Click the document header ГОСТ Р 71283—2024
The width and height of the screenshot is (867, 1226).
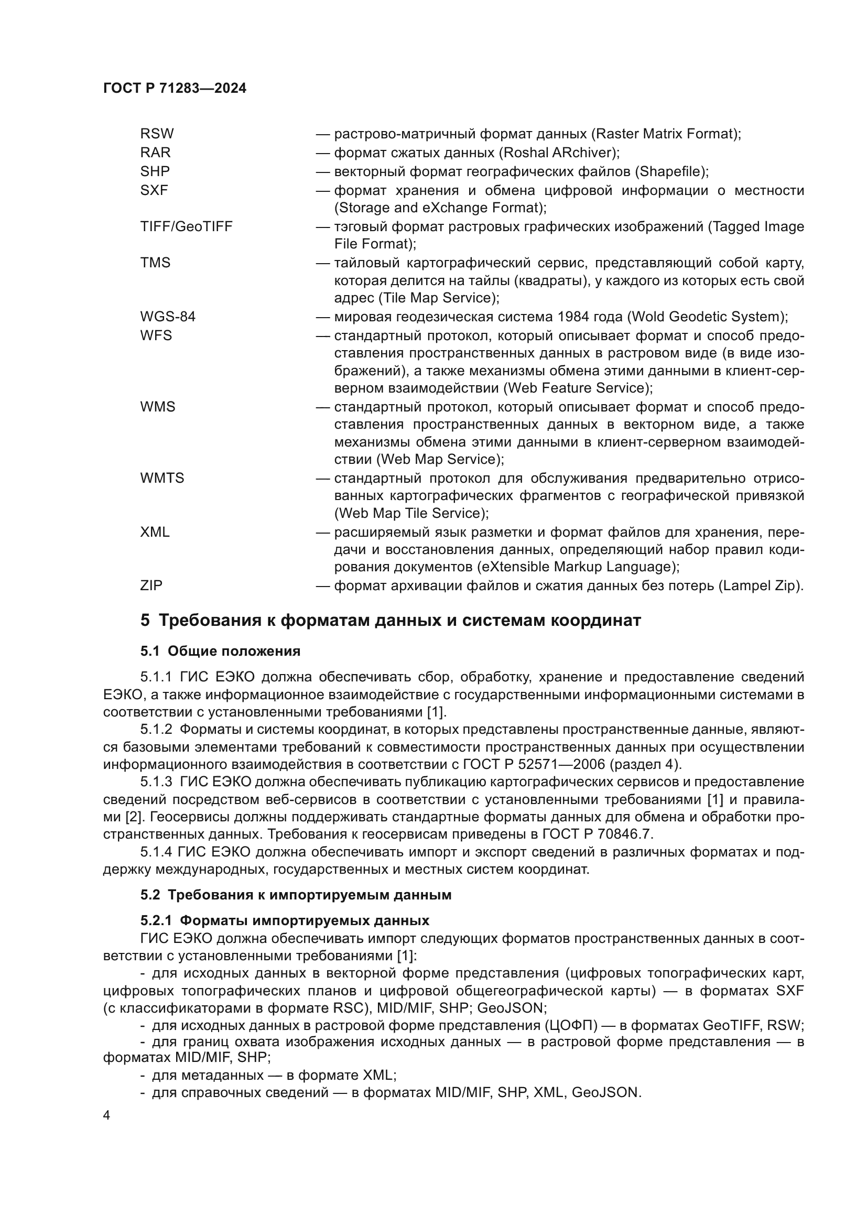(175, 89)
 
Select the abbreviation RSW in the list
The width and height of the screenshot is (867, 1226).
(157, 134)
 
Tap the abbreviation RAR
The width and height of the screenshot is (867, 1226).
(155, 153)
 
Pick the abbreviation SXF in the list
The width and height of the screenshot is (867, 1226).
(154, 190)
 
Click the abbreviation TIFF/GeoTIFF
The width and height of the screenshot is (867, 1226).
(186, 226)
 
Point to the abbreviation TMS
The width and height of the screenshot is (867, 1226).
(155, 263)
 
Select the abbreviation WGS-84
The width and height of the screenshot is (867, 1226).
(168, 317)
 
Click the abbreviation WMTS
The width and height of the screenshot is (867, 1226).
(162, 478)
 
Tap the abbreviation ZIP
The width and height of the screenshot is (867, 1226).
(151, 585)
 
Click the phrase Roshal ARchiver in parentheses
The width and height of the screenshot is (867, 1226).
(559, 153)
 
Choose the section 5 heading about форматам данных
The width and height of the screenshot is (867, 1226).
(391, 621)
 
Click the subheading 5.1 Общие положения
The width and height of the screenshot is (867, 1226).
(221, 651)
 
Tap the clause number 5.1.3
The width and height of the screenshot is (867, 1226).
(156, 782)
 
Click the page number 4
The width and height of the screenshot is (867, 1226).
(107, 1116)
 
